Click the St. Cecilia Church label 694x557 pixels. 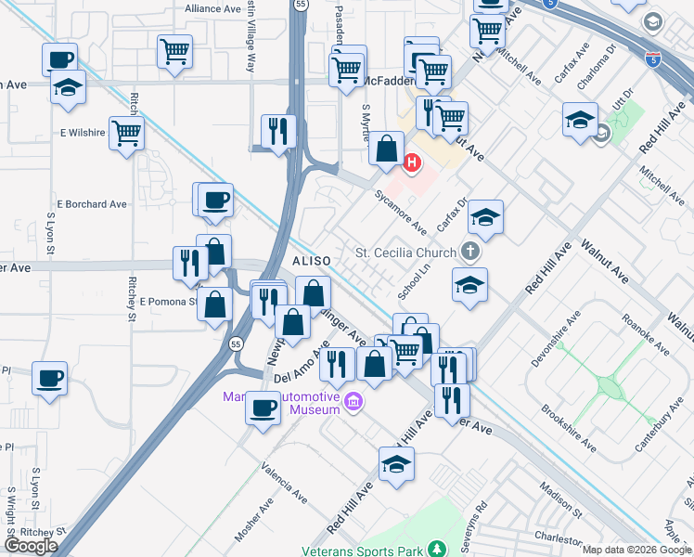coord(405,253)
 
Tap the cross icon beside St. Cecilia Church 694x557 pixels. coord(471,252)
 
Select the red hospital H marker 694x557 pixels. coord(412,165)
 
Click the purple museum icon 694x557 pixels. coord(353,402)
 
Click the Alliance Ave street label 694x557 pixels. coord(212,8)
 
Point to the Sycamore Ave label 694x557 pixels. coord(400,213)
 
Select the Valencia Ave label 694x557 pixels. coord(283,482)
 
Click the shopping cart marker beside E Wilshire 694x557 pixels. coord(126,132)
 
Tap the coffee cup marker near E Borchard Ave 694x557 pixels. coord(215,200)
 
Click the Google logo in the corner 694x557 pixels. coord(32,546)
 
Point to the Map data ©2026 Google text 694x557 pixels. coord(637,550)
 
